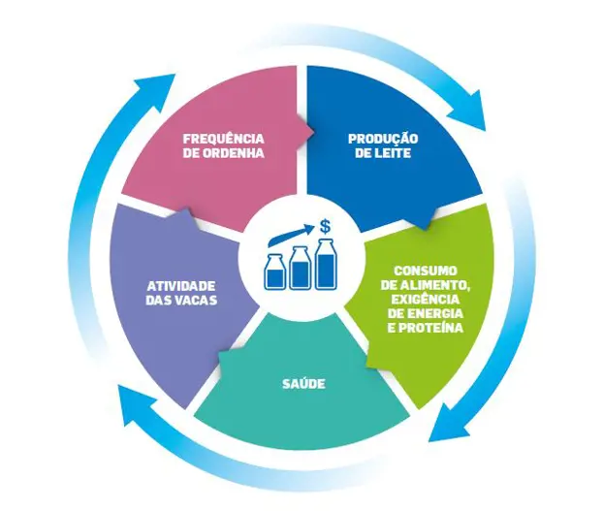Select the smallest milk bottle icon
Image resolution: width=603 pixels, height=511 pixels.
275,272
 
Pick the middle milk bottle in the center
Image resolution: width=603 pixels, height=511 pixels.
300,267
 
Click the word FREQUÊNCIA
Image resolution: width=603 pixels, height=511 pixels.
224,138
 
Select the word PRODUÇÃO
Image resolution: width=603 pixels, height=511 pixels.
383,138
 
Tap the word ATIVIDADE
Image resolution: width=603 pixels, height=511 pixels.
180,285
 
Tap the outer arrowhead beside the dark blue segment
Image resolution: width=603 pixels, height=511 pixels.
482,109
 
